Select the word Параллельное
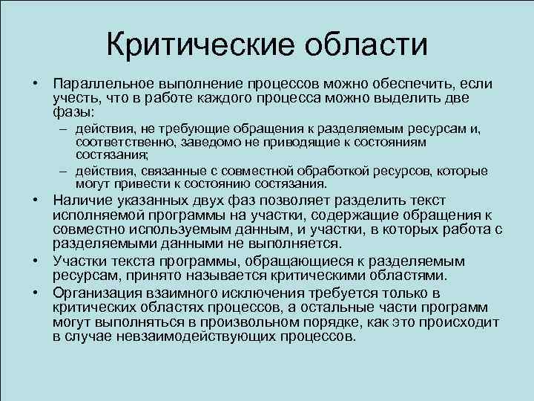click(x=100, y=85)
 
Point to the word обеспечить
click(x=407, y=85)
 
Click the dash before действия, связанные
click(x=65, y=171)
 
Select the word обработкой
click(x=327, y=171)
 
